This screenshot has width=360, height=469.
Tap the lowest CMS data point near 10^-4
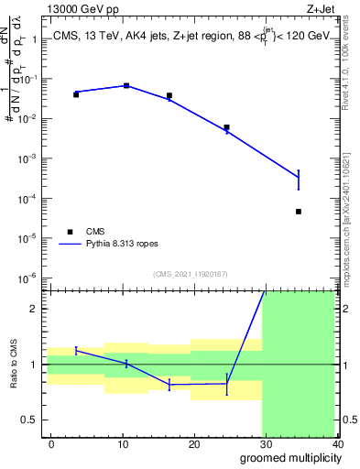[324, 212]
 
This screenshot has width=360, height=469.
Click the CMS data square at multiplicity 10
[126, 85]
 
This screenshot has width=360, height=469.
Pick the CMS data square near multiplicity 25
[226, 127]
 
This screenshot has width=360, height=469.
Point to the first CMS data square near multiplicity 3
[76, 94]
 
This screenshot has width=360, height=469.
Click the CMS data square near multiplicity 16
[169, 95]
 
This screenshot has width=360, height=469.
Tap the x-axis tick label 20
[194, 443]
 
